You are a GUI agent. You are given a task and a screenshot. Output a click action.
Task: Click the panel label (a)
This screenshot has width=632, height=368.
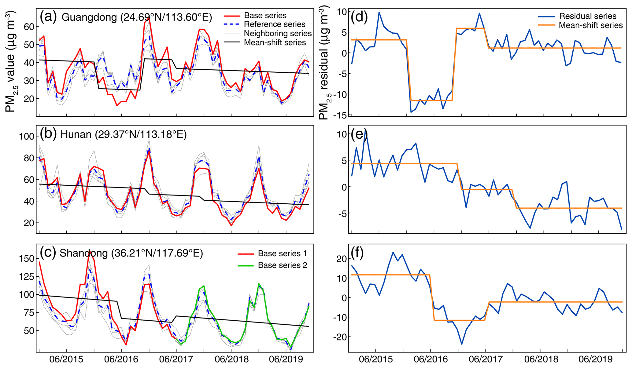[48, 17]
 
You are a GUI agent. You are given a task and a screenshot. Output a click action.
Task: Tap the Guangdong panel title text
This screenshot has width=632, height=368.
[137, 17]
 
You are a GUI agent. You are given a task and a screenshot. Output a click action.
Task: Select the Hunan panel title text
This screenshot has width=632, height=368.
[124, 134]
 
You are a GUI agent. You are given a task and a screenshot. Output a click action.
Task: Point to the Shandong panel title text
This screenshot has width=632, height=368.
[131, 253]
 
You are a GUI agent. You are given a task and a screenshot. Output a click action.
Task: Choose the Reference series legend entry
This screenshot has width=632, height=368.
[264, 24]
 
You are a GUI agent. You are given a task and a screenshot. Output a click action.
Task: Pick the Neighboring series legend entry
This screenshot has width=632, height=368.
[268, 33]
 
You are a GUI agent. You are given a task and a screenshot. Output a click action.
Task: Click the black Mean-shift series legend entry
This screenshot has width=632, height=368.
[265, 42]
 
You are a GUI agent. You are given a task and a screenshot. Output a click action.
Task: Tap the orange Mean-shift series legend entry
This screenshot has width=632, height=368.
[580, 25]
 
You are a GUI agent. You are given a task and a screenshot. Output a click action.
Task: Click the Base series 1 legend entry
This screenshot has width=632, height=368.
[272, 253]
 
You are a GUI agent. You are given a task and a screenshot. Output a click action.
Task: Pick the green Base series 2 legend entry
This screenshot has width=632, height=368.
[272, 265]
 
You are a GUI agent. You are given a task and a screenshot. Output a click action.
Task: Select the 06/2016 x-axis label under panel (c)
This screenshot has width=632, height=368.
[121, 359]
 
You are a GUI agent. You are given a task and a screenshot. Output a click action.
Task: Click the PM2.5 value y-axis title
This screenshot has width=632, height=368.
[10, 61]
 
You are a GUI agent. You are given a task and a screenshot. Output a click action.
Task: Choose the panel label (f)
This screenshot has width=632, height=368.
[358, 253]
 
